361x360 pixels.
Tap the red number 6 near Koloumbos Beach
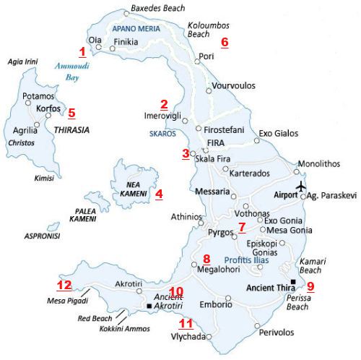point(224,42)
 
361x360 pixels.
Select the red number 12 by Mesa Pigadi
point(65,285)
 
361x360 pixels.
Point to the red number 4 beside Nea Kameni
point(159,194)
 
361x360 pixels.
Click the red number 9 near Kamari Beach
point(310,286)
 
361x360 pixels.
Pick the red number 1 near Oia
point(82,52)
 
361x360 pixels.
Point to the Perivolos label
point(277,333)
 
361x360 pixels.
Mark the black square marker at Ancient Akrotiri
point(149,307)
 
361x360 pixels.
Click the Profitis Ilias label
point(246,259)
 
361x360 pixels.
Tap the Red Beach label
point(94,319)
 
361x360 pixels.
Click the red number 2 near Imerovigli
point(164,104)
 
